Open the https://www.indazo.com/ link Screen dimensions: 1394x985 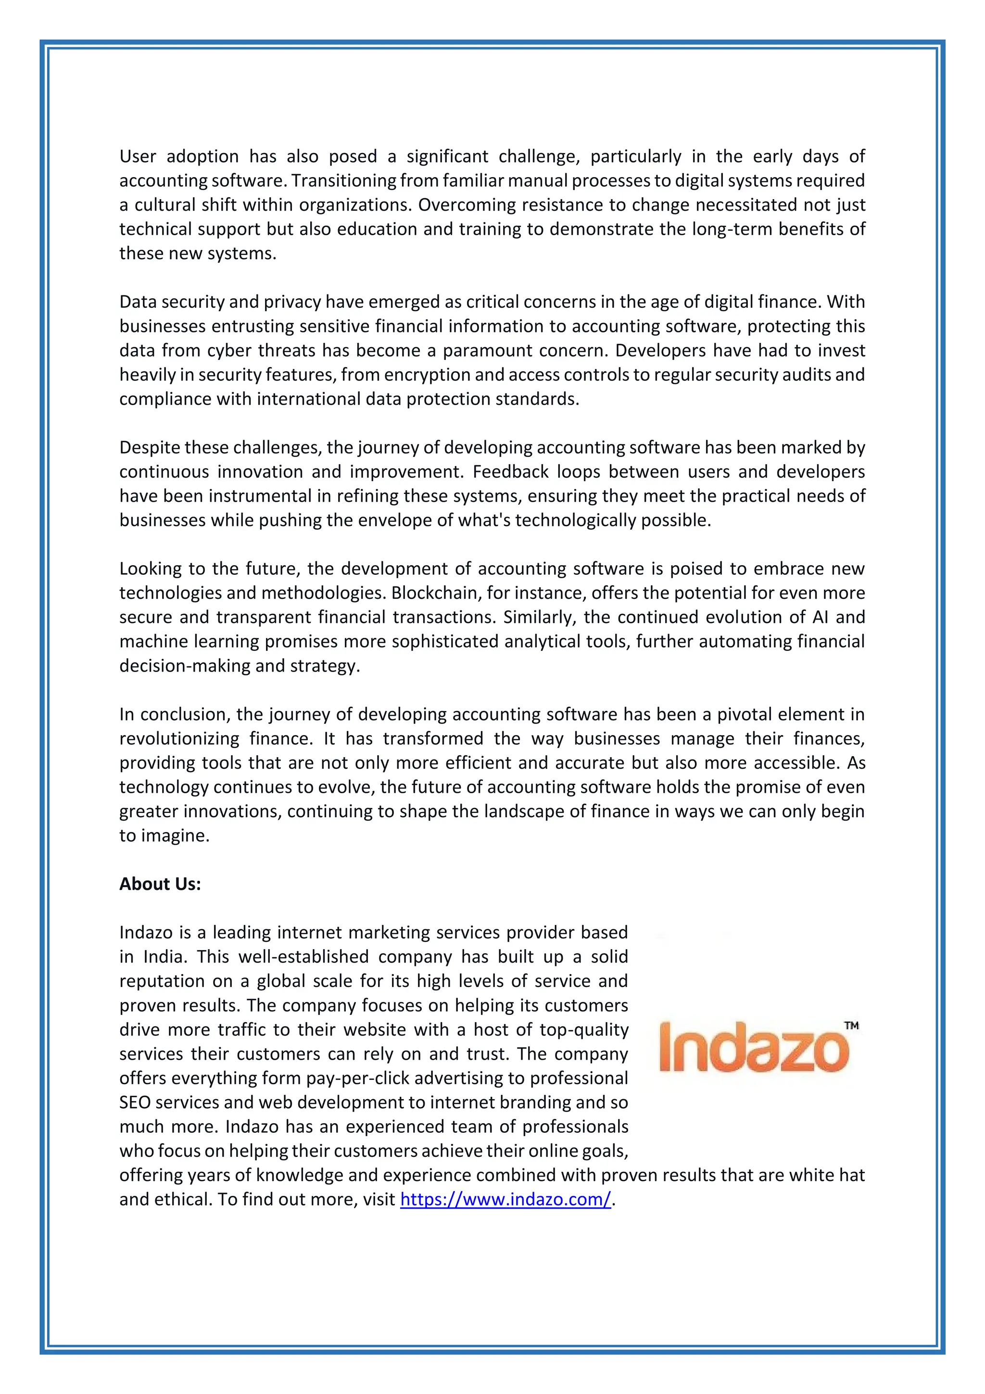tap(505, 1199)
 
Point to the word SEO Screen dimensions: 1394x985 tap(135, 1102)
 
